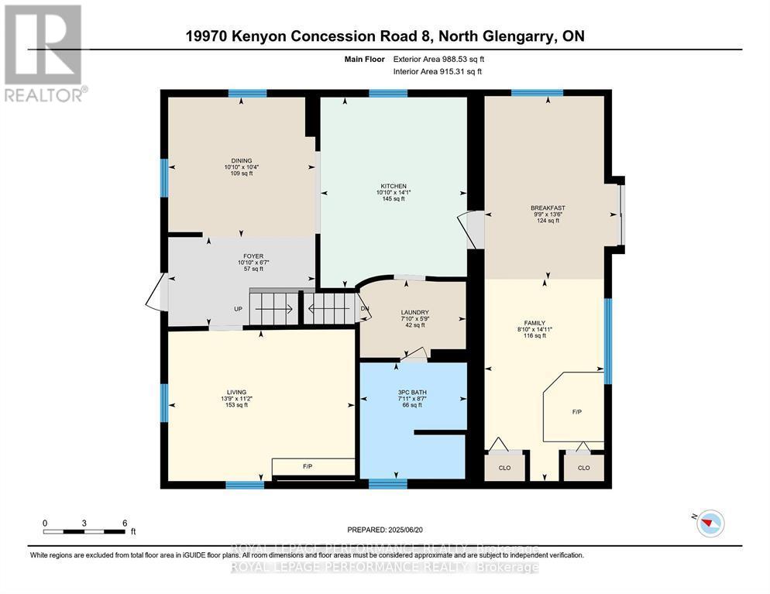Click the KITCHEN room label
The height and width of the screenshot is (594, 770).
[x=394, y=187]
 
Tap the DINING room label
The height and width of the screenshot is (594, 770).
[x=241, y=161]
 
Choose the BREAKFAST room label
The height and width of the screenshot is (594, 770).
[x=547, y=208]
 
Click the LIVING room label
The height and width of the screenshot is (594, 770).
[x=236, y=392]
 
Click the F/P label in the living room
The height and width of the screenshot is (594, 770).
[x=307, y=466]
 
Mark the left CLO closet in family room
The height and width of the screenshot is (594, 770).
[x=504, y=468]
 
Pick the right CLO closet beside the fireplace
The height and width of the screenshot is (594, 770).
[x=583, y=468]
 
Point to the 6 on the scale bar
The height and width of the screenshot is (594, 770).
[x=125, y=523]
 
